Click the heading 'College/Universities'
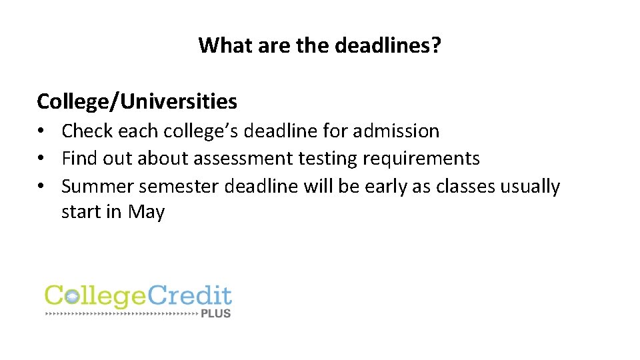tap(137, 101)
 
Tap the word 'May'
tap(146, 212)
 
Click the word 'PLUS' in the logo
tap(216, 313)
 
